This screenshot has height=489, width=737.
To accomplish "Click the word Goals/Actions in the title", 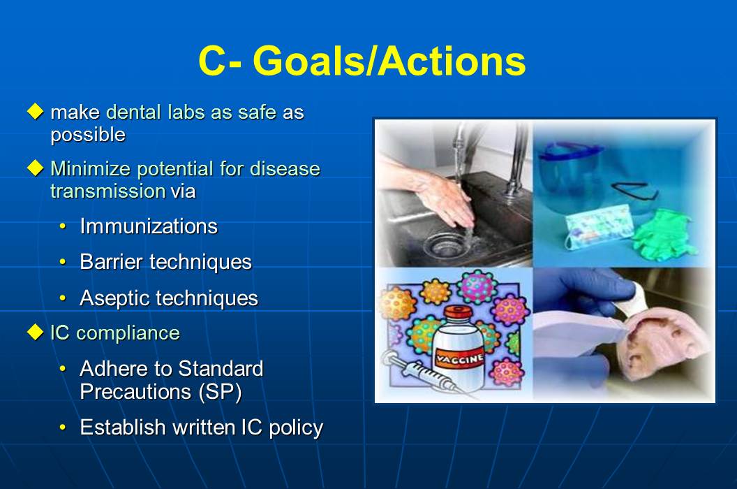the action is click(x=389, y=61).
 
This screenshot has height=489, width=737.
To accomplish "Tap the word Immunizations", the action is click(x=149, y=226).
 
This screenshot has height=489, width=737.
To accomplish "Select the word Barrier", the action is click(x=111, y=262).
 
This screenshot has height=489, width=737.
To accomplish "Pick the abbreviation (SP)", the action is click(x=220, y=392).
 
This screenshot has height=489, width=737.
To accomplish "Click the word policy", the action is click(x=296, y=428).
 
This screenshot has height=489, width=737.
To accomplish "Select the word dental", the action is click(x=134, y=112).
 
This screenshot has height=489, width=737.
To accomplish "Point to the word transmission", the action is click(x=107, y=191).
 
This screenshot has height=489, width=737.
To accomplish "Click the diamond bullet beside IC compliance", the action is click(x=36, y=332).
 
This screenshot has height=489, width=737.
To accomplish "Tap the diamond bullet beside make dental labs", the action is click(x=36, y=112).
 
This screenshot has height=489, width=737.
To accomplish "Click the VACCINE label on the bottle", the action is click(x=459, y=358).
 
